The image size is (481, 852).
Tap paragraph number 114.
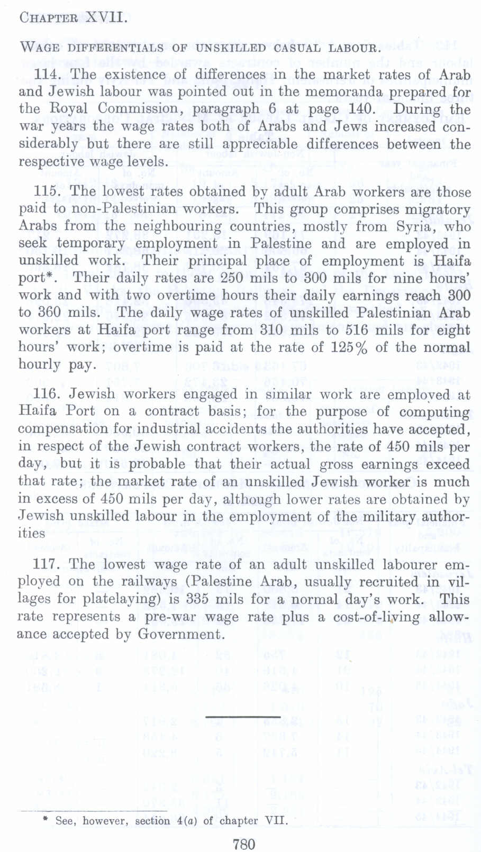(x=48, y=75)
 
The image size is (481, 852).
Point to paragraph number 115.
(x=48, y=191)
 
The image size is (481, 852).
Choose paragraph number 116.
(x=48, y=394)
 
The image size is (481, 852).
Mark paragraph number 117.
(x=48, y=564)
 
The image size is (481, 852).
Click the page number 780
(x=244, y=844)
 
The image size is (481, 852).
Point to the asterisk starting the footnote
(x=46, y=820)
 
